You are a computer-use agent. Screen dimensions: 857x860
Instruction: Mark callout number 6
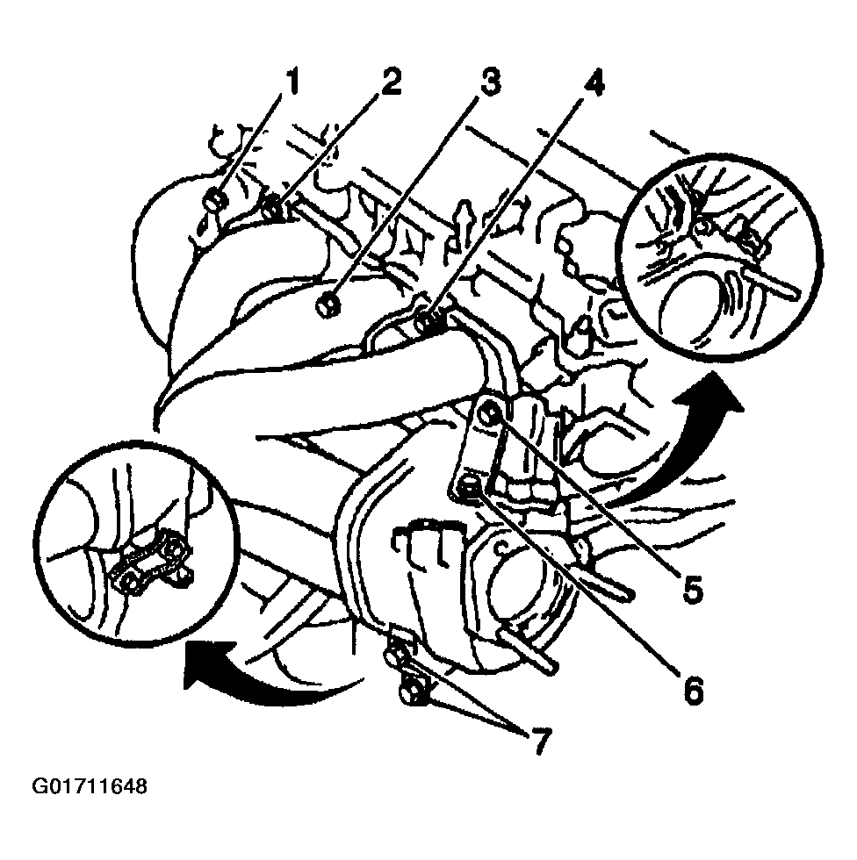click(x=694, y=690)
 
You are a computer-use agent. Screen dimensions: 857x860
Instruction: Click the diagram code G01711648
click(x=90, y=787)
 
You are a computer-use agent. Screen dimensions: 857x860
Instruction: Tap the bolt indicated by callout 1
click(x=213, y=200)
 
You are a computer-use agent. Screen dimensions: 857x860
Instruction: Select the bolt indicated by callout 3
click(x=328, y=305)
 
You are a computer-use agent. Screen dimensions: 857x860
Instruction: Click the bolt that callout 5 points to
click(x=488, y=415)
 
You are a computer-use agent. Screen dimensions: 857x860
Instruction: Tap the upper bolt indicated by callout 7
click(x=396, y=656)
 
